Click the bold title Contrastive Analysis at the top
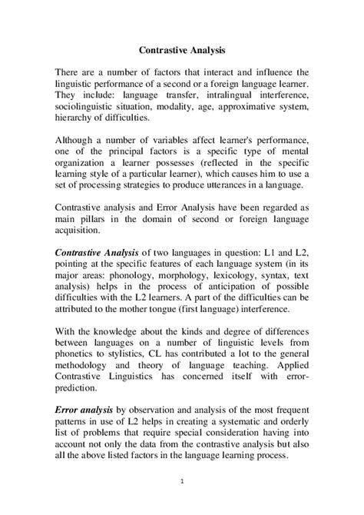tap(182, 50)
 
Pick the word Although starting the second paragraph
tap(78, 143)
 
